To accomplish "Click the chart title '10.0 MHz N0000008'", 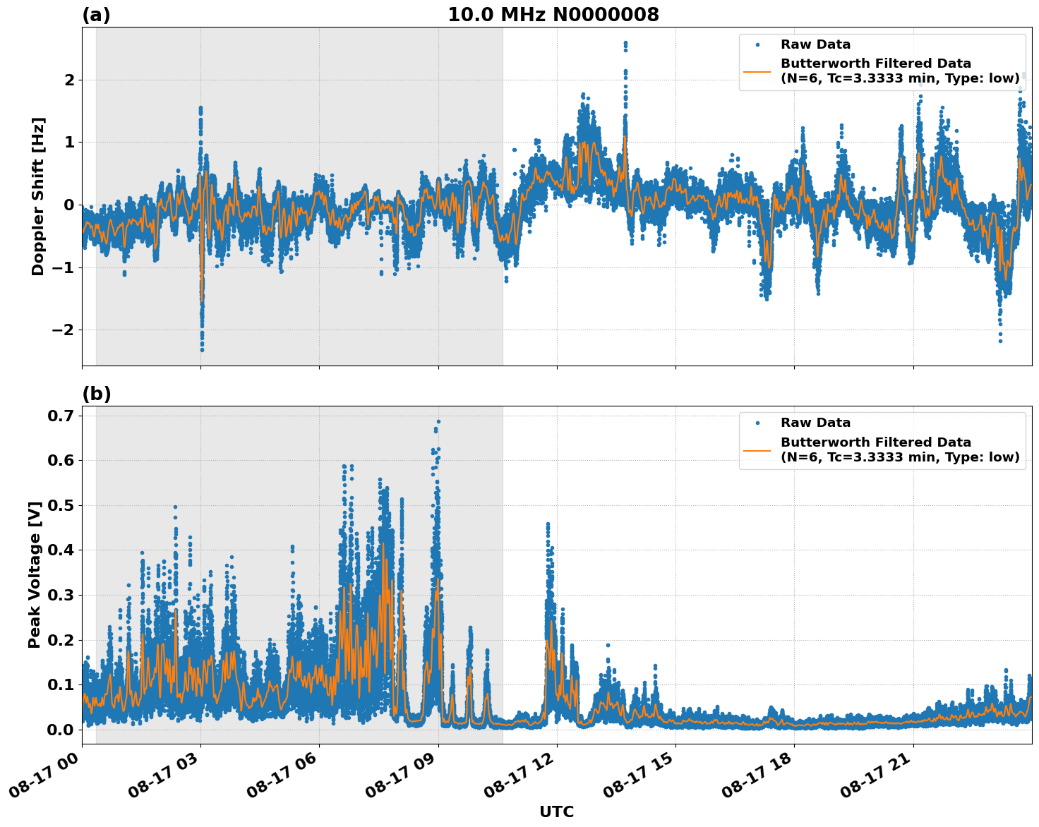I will coord(553,15).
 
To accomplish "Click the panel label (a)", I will coord(96,15).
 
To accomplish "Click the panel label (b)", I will coord(96,394).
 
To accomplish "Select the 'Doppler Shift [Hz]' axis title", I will coord(38,196).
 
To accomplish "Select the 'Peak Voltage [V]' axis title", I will coord(35,574).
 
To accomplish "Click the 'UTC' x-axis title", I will coord(556,811).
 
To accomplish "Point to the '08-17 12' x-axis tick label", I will coord(520,775).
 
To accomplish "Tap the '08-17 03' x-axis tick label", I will coord(164,775).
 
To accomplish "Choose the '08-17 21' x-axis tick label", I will coord(877,775).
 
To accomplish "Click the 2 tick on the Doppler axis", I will coord(69,80).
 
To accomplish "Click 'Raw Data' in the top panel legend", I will coord(815,44).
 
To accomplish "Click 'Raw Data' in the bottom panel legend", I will coord(815,423).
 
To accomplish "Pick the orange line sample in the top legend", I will coord(757,71).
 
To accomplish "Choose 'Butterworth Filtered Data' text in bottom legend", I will coord(875,442).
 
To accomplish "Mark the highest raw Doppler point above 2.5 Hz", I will coord(625,43).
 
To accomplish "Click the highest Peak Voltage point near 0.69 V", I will coord(438,421).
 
